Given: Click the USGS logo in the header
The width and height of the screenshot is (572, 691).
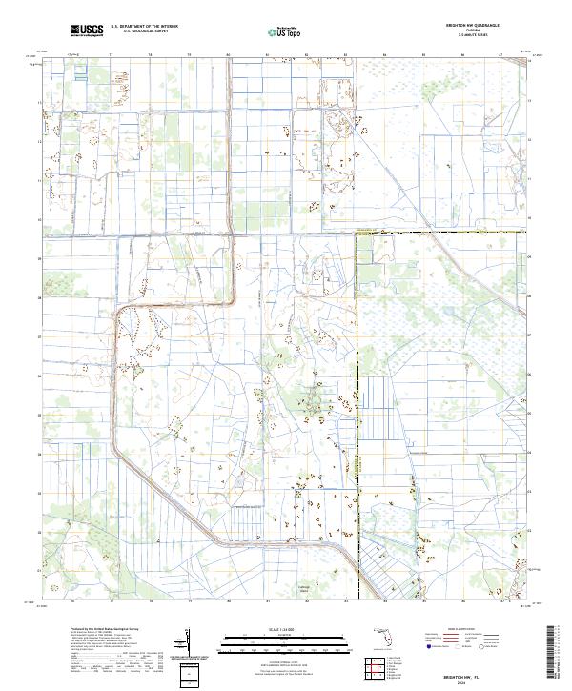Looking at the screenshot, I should pyautogui.click(x=87, y=30).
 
